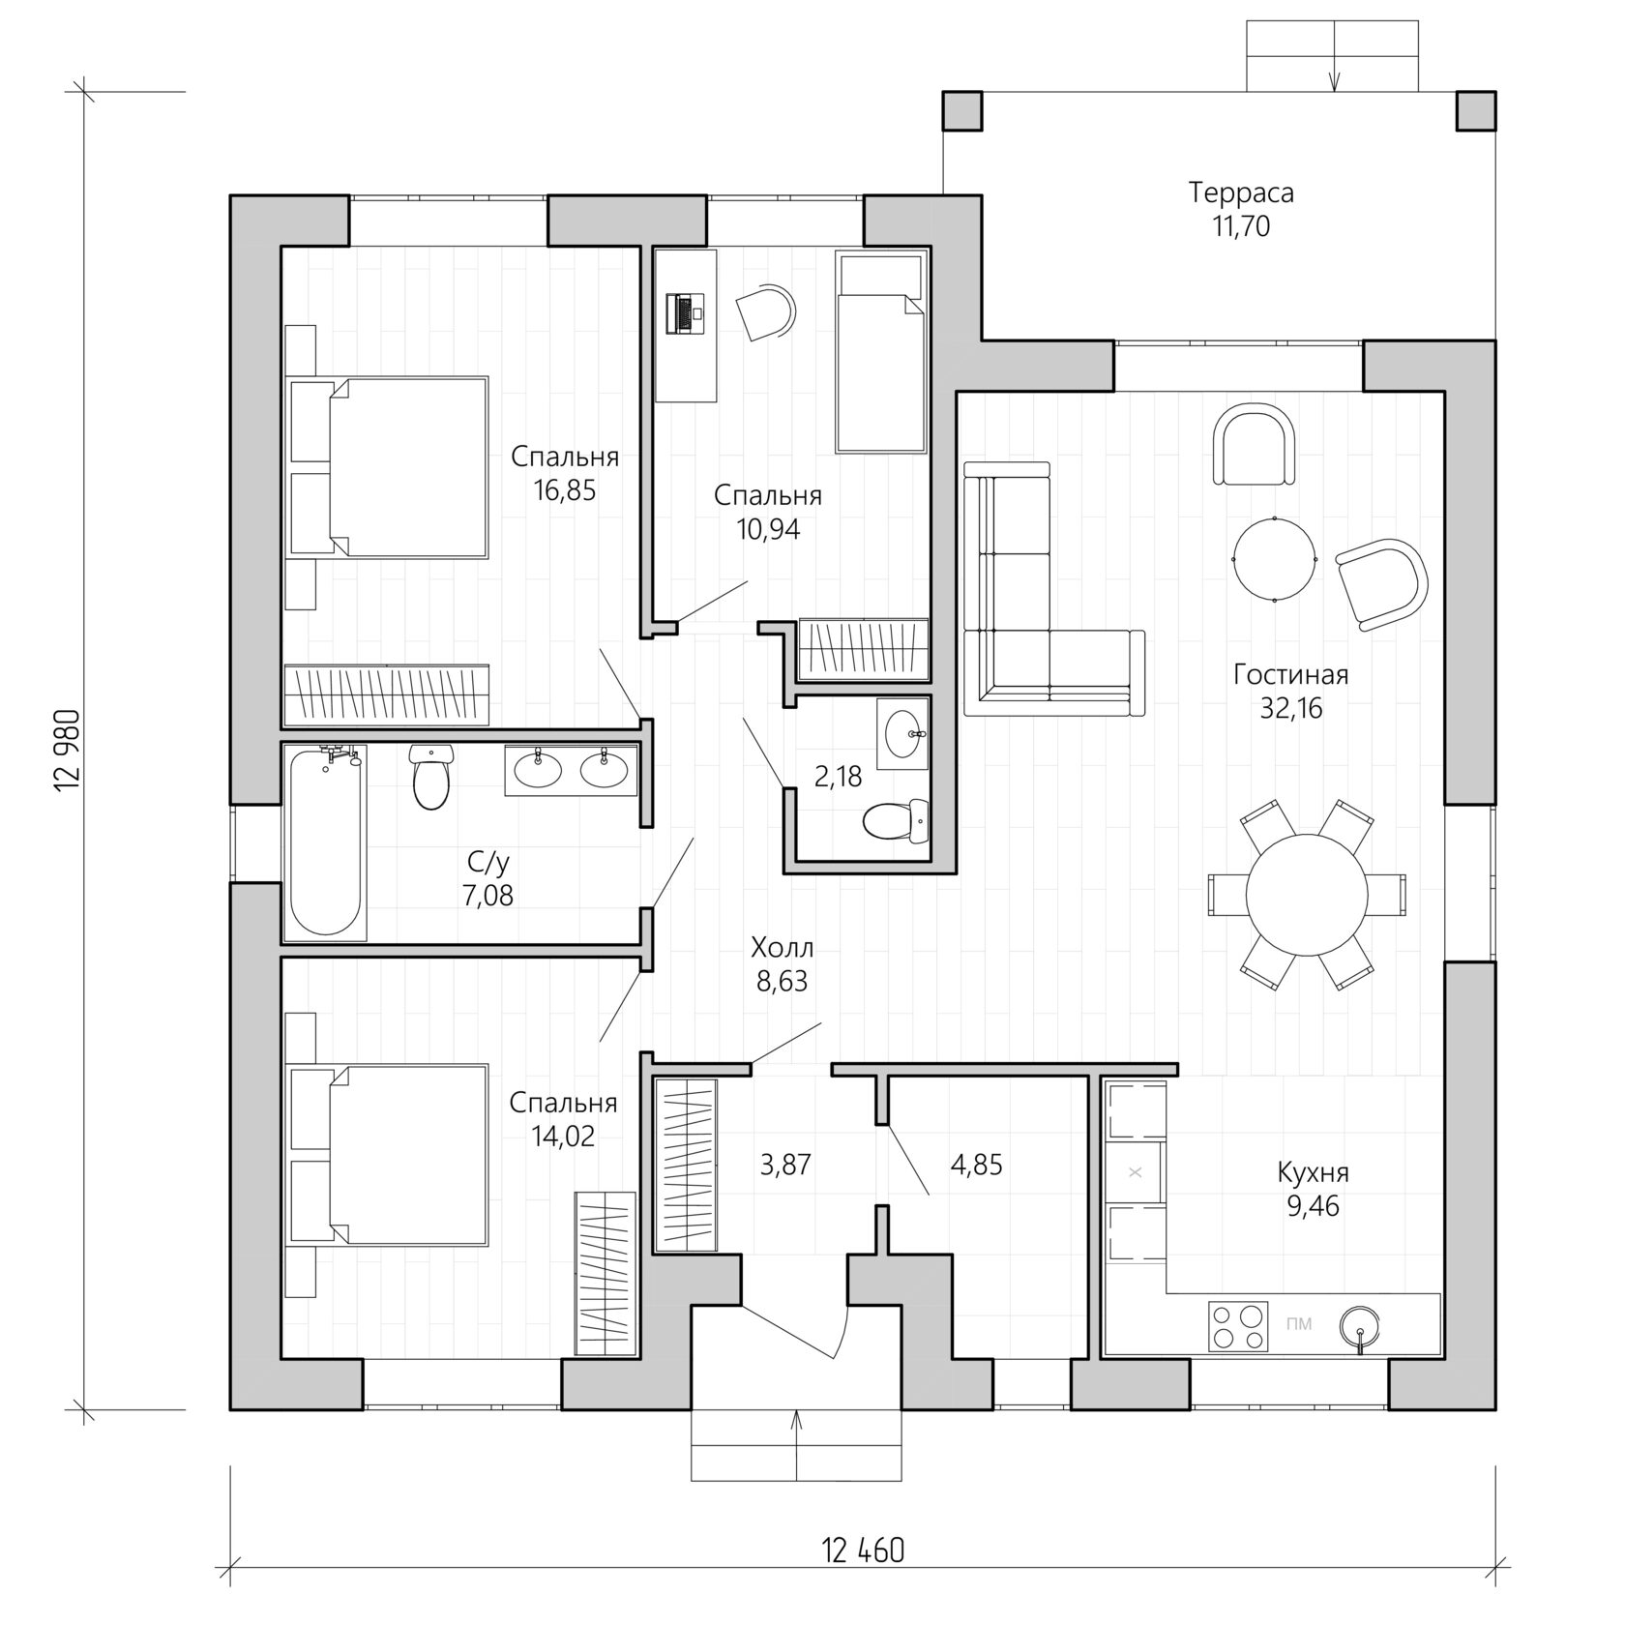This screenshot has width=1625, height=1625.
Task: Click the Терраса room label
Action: pyautogui.click(x=1241, y=192)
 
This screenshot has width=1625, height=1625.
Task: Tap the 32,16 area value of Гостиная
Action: pyautogui.click(x=1290, y=708)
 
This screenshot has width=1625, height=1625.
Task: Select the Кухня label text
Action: pyautogui.click(x=1313, y=1172)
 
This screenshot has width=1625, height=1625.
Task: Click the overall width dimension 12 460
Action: pyautogui.click(x=863, y=1550)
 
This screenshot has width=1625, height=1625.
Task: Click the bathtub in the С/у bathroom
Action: pyautogui.click(x=326, y=842)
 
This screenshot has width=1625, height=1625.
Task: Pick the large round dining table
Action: pyautogui.click(x=1306, y=894)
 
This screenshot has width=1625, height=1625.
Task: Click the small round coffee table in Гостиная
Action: pyautogui.click(x=1274, y=559)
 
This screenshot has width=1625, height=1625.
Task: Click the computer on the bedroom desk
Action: pyautogui.click(x=686, y=314)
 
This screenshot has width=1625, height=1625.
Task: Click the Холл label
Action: pyautogui.click(x=782, y=946)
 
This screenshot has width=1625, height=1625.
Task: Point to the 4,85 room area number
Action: pyautogui.click(x=976, y=1165)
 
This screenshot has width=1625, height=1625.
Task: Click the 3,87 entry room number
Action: pyautogui.click(x=784, y=1165)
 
